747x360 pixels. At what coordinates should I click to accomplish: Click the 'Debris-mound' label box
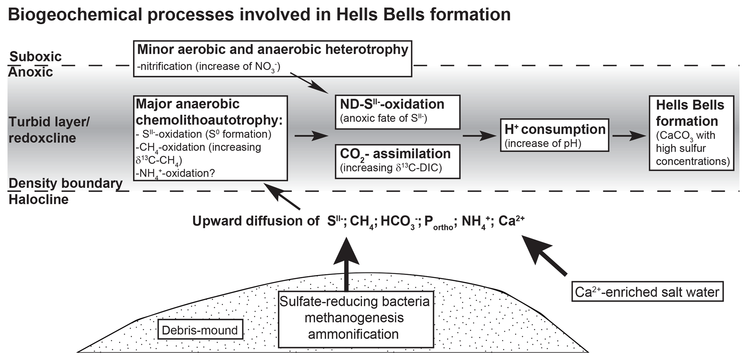click(x=200, y=330)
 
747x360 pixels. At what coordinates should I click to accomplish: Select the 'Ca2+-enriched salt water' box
click(x=647, y=292)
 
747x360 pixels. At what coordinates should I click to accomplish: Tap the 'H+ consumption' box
click(x=554, y=135)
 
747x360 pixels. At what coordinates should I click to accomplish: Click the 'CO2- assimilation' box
click(x=397, y=161)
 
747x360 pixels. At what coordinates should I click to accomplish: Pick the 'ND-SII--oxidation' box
click(x=397, y=112)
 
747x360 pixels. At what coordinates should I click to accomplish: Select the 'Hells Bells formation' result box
click(x=691, y=133)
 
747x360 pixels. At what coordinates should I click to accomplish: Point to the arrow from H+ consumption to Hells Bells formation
click(x=629, y=136)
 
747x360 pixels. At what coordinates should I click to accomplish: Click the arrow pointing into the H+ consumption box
click(x=479, y=136)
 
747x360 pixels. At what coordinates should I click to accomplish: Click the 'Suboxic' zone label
click(x=35, y=57)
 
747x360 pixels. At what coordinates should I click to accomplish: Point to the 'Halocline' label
click(x=38, y=200)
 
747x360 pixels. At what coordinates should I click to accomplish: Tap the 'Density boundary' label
click(x=65, y=183)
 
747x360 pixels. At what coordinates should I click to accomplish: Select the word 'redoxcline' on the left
click(x=42, y=138)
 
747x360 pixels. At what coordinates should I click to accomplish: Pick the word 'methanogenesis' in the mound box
click(x=354, y=318)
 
